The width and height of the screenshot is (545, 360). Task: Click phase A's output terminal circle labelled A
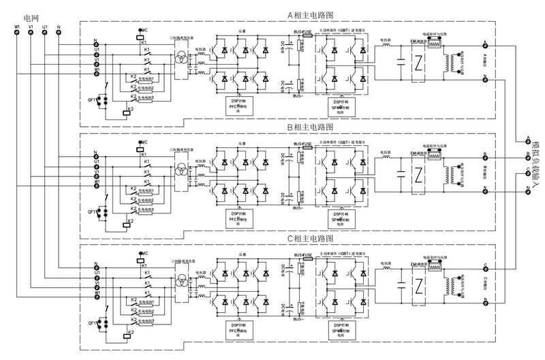[484, 46]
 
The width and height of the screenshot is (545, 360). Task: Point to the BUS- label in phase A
[298, 97]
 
